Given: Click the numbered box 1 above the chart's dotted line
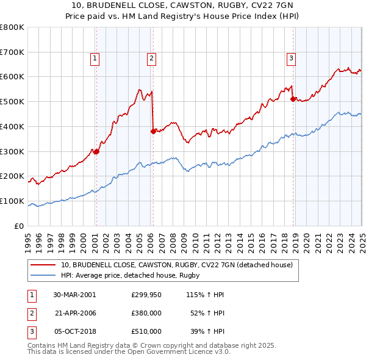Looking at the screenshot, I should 96,59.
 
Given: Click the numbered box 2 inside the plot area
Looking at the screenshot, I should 151,59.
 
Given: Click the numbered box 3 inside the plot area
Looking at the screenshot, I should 292,59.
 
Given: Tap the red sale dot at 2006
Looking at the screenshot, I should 153,131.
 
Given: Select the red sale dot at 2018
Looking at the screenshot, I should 293,98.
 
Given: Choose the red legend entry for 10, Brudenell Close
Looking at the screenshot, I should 177,265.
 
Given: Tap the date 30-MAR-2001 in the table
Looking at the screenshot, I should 74,295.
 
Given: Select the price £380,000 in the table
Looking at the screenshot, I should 146,313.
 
